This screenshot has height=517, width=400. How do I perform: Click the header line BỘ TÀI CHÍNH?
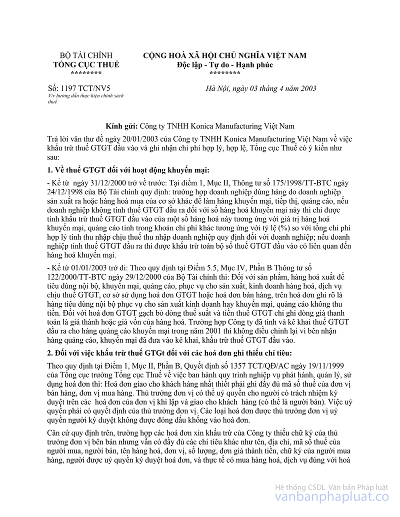point(86,55)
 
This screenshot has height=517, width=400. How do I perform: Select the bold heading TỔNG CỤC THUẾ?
point(86,64)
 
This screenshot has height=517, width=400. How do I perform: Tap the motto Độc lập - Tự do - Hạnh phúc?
point(225,64)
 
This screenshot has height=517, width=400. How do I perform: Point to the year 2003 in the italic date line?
point(306,88)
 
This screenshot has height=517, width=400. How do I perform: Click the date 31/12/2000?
point(93,182)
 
